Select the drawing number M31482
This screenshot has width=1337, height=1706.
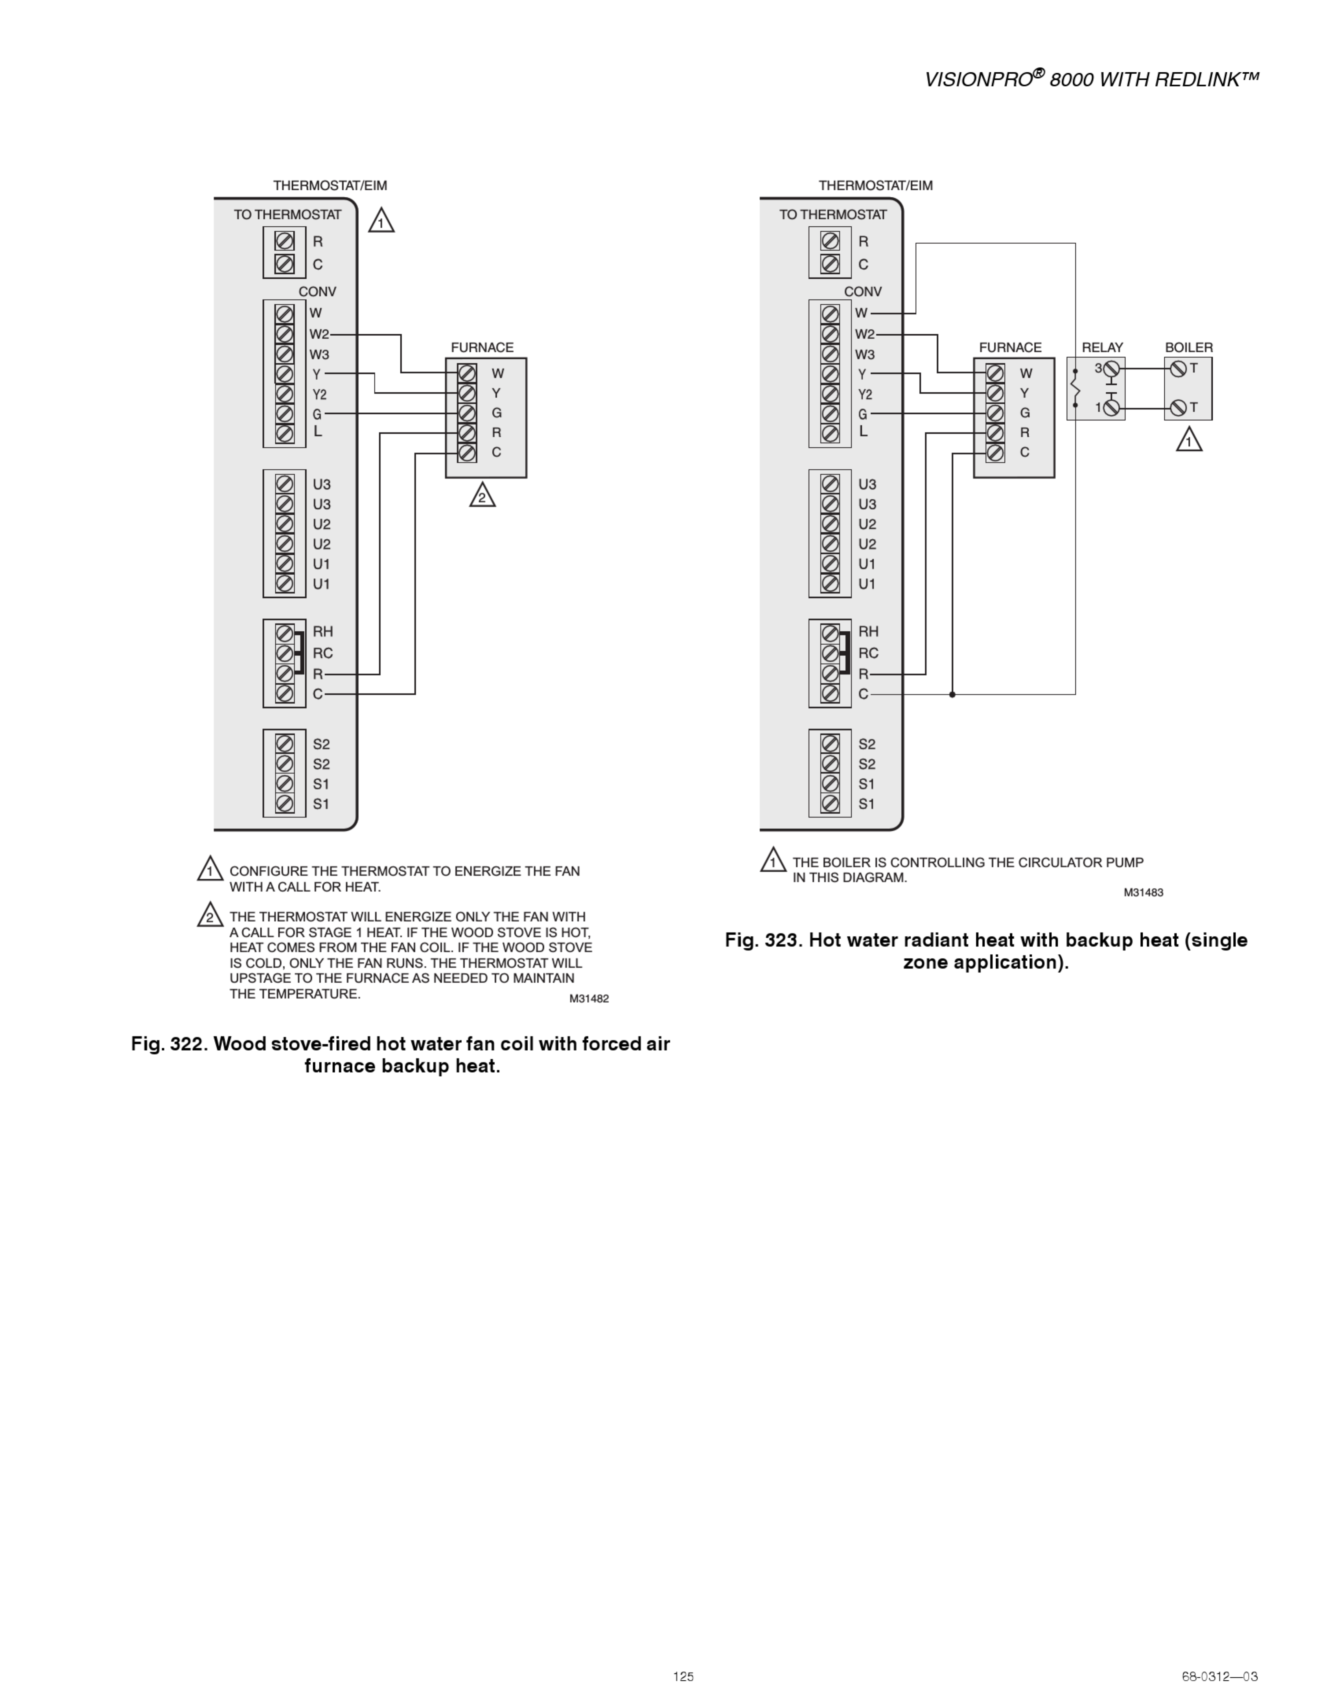tap(589, 998)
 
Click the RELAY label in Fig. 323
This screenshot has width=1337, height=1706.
tap(1102, 347)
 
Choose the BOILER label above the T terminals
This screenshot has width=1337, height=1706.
tap(1188, 347)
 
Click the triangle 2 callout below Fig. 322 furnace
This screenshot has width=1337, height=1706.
tap(482, 496)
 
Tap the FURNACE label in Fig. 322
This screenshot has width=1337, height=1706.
tap(482, 347)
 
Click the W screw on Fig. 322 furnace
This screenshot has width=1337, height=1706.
tap(467, 373)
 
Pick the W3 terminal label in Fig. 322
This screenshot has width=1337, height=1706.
tap(319, 355)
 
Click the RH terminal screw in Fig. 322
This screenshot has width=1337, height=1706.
tap(285, 632)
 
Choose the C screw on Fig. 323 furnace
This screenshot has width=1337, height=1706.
tap(995, 452)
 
